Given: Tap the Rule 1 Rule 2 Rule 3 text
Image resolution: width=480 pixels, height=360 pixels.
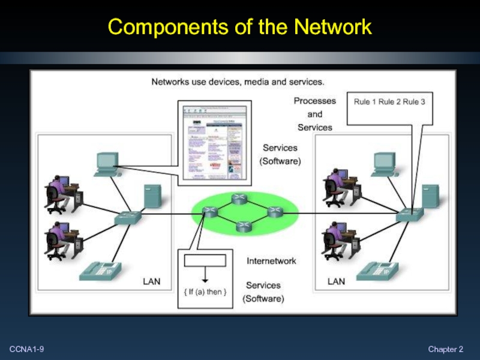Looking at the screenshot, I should point(389,102).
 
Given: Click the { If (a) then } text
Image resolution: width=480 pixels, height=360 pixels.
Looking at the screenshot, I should point(205,292).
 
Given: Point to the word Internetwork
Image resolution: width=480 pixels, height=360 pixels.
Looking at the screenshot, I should point(271,261).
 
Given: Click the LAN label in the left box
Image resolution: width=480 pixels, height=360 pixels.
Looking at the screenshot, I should point(151,281).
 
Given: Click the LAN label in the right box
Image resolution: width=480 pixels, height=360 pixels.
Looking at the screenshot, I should point(336,281).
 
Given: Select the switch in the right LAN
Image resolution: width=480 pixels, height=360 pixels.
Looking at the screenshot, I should point(411,214).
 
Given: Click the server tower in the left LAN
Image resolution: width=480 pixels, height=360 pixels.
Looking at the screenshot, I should point(151,196).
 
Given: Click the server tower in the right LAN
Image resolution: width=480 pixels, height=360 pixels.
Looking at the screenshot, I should point(430,196).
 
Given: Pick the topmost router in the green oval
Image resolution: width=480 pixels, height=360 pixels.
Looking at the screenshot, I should point(240,199).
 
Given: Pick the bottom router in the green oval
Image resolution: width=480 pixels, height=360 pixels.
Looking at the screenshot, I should point(242,226).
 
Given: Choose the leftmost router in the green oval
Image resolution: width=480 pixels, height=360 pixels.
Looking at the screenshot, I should point(209,212).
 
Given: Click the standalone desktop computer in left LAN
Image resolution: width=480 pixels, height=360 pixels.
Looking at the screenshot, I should point(106,163).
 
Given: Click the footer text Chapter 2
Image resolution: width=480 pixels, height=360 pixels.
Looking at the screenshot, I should point(446,349).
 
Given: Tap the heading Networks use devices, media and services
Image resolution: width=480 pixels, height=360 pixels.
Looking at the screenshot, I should point(238,81).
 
